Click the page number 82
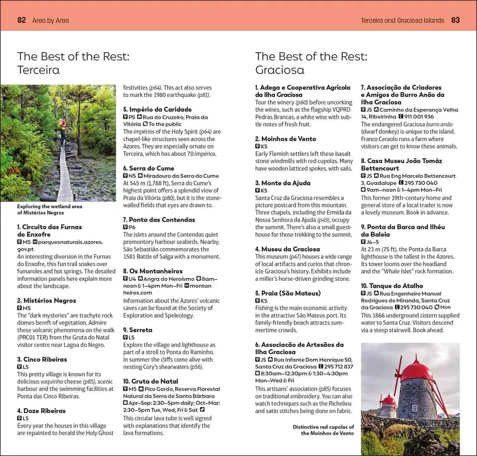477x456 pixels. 21,20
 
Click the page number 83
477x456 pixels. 455,20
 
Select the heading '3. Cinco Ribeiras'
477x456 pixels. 42,359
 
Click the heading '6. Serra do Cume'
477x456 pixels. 149,168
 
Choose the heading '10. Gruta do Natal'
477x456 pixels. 151,381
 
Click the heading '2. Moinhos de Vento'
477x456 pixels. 285,139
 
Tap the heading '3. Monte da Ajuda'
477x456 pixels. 283,183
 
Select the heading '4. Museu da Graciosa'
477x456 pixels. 287,249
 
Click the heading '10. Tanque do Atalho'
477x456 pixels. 392,286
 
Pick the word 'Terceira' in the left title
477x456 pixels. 39,70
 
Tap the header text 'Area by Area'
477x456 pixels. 50,21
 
